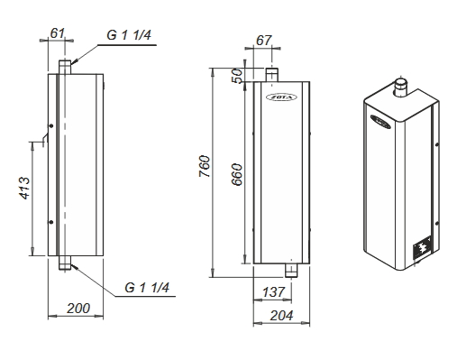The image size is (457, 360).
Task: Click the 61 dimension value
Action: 57,32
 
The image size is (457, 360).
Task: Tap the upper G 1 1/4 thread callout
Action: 129,35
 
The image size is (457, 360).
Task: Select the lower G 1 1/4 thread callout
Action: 147,288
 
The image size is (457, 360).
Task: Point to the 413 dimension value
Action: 24,188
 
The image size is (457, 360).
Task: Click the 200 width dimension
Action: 78,309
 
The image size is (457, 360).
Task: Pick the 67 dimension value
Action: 263,41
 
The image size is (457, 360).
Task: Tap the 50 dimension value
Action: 237,76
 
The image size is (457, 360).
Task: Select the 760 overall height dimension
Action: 205,166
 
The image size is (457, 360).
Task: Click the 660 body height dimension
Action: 237,174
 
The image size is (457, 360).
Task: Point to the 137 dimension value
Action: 273,292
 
